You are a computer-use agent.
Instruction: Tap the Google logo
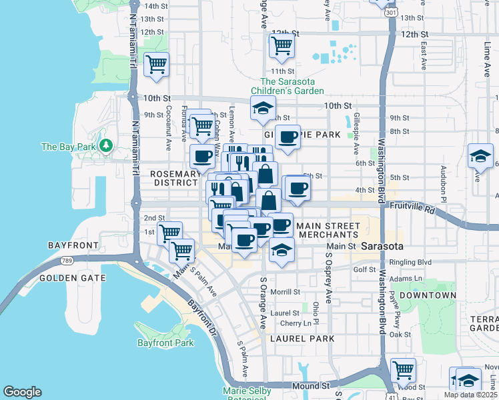point(22,392)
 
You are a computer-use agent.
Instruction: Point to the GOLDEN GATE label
point(72,277)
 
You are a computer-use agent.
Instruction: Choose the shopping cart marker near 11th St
point(282,46)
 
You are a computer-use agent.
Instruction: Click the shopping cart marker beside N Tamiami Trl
point(156,65)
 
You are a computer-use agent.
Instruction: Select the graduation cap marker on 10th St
point(264,107)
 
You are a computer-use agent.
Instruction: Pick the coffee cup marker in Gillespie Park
point(288,137)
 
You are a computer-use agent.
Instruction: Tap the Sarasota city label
point(382,246)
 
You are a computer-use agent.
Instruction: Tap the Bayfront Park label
point(165,343)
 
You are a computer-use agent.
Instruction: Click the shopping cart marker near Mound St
point(403,369)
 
